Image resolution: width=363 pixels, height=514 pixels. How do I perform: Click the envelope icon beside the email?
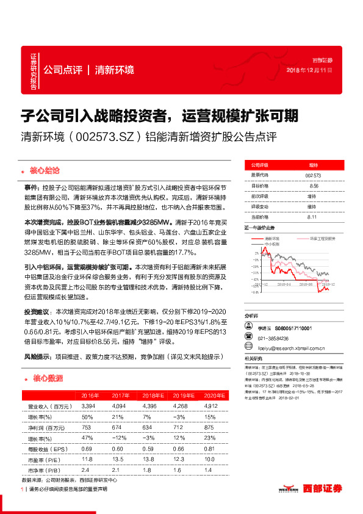pos(248,350)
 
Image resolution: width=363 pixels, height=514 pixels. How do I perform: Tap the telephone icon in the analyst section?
pos(248,339)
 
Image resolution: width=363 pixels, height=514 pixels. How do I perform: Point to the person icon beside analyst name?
pos(248,328)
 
